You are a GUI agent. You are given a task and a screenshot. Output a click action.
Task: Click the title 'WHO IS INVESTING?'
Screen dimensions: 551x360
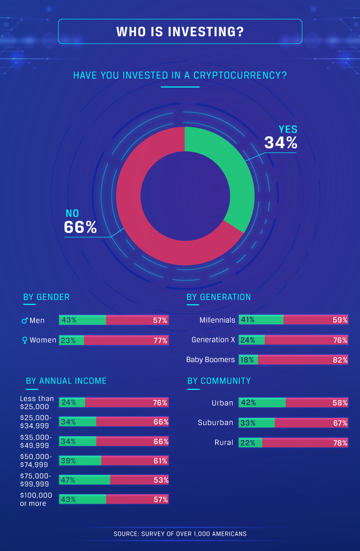tap(180, 32)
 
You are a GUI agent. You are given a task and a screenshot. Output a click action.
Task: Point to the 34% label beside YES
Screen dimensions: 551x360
tap(281, 143)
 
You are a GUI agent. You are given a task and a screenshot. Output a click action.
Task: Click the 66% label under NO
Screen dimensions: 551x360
tap(80, 227)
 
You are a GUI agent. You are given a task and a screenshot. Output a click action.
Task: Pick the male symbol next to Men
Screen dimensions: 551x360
tap(24, 321)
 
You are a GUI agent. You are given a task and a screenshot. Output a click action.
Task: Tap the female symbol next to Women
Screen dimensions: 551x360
tap(24, 340)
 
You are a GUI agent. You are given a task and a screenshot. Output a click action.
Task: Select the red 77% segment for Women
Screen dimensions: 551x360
tap(126, 340)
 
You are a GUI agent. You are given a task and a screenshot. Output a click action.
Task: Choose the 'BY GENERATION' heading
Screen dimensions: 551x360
tap(219, 297)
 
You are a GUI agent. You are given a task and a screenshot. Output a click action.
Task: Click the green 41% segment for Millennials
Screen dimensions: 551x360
tap(261, 320)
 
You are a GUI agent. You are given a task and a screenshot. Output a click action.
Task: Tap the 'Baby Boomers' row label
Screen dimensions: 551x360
tap(211, 359)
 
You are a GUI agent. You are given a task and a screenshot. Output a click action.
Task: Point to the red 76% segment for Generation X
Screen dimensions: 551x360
tap(306, 340)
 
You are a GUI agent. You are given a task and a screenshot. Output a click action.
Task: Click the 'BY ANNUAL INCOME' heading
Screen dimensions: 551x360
tap(66, 381)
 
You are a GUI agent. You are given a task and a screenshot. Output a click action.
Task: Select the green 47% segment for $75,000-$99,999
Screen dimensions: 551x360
tap(84, 480)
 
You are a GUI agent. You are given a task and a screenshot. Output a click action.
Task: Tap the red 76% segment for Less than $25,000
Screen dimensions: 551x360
tap(126, 403)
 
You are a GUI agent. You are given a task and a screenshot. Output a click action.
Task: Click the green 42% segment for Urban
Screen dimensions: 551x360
tap(262, 403)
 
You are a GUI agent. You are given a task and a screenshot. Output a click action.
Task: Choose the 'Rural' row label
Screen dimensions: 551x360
tap(224, 443)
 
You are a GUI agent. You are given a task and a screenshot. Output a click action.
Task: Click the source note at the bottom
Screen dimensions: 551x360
tap(180, 534)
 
